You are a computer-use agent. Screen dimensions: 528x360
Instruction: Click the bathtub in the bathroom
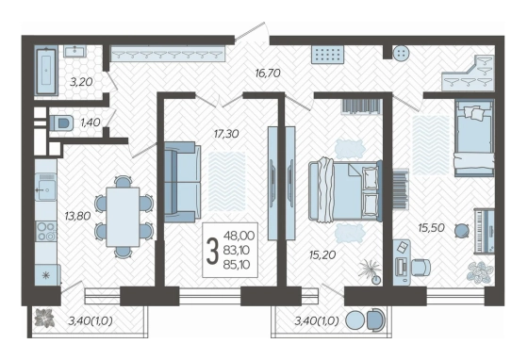[46, 71]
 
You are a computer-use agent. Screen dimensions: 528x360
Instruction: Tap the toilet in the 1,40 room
[61, 123]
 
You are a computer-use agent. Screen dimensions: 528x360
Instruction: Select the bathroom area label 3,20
[81, 81]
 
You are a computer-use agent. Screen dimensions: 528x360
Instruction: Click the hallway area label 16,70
[268, 73]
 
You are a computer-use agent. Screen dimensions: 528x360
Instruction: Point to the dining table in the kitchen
[123, 217]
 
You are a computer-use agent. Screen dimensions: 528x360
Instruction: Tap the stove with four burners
[46, 231]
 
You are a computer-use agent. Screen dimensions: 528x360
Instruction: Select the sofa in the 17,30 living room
[182, 182]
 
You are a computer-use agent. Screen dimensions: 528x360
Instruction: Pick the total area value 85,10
[237, 265]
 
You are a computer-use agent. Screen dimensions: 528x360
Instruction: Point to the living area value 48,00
[239, 236]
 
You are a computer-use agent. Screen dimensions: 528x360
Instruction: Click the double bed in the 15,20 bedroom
[345, 190]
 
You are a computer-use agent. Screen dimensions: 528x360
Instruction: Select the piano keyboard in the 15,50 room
[484, 231]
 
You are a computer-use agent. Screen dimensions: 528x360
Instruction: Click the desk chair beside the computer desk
[421, 267]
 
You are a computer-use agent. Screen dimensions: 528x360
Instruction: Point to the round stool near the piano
[461, 231]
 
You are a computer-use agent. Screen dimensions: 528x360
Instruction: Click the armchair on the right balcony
[375, 320]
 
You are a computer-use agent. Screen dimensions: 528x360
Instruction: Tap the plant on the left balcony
[44, 318]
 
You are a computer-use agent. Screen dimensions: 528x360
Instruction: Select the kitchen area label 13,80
[77, 216]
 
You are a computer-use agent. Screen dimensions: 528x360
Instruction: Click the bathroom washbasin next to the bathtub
[75, 51]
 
